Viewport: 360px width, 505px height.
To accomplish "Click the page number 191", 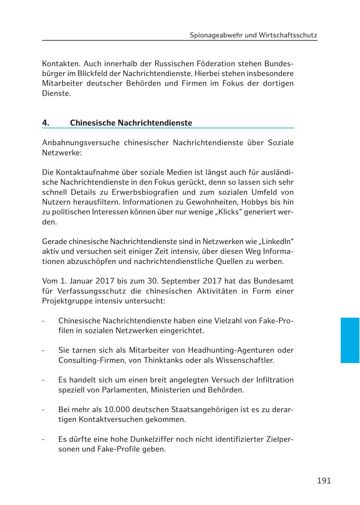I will pos(324,481).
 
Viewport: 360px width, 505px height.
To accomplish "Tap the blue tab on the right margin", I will pos(350,340).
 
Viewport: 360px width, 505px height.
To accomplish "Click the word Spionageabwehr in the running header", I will pos(216,35).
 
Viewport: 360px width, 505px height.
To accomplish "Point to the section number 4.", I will pos(46,123).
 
